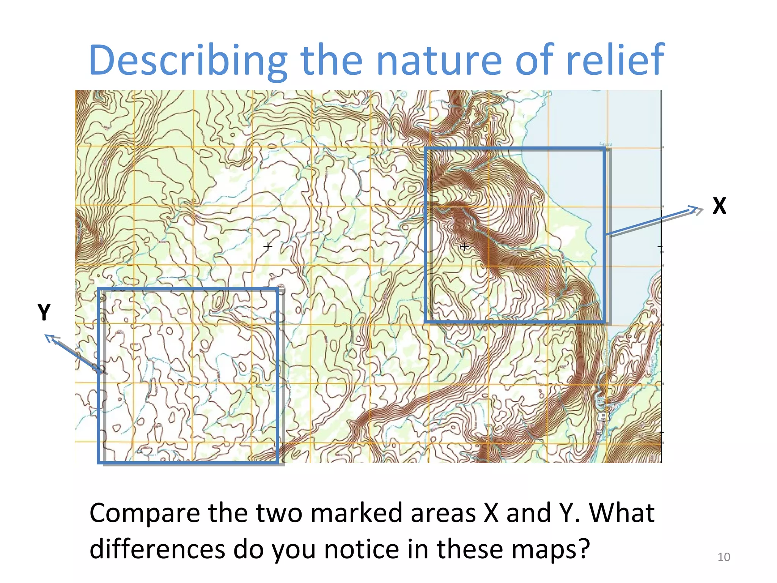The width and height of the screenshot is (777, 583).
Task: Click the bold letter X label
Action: click(719, 206)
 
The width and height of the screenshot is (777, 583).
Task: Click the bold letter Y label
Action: click(44, 312)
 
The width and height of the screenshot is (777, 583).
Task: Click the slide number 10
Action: click(724, 557)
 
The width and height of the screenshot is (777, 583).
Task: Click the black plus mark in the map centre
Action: click(268, 247)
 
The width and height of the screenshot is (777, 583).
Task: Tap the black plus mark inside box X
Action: click(464, 247)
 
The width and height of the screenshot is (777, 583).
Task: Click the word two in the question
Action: click(279, 513)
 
